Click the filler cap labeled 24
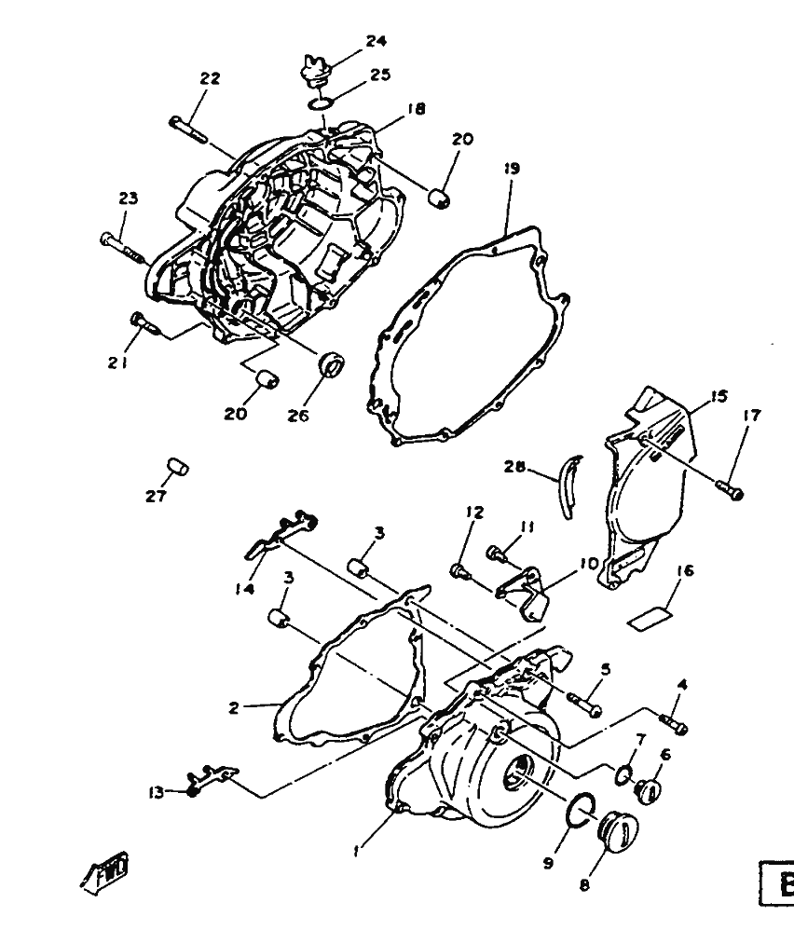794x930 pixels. click(314, 72)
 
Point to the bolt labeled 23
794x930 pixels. click(119, 244)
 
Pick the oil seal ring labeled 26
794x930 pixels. click(330, 363)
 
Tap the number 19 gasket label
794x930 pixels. click(512, 169)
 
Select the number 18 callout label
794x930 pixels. click(416, 109)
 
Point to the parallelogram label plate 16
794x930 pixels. click(650, 617)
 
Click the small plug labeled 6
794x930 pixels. click(645, 791)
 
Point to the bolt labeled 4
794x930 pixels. click(673, 723)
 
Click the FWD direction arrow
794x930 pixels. click(105, 870)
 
